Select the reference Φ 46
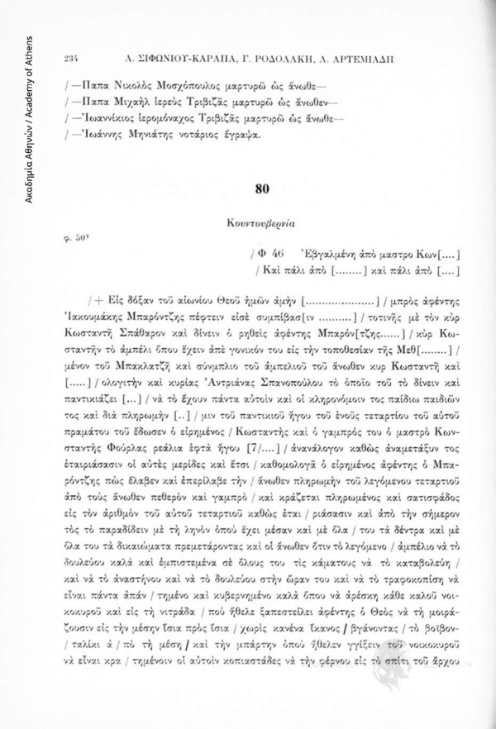[x=263, y=252]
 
